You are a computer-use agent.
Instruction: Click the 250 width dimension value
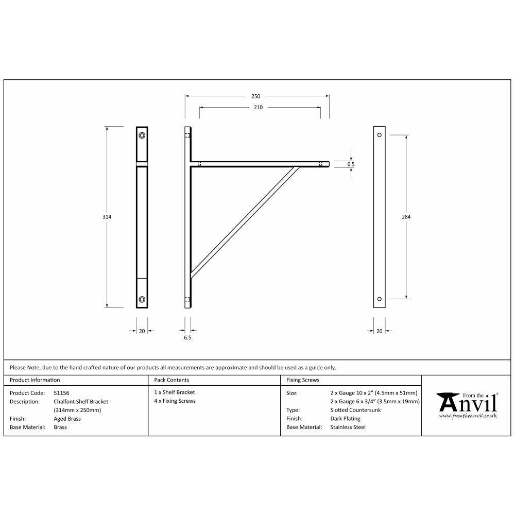(256, 96)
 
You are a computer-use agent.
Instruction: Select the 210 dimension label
(258, 108)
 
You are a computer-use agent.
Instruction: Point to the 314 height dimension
(107, 217)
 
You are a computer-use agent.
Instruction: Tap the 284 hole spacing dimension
(406, 217)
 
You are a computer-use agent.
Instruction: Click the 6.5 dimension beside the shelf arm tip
(351, 164)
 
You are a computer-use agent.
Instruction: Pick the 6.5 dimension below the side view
(187, 338)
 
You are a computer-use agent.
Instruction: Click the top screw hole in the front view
(142, 135)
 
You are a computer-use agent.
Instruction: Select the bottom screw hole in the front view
(142, 299)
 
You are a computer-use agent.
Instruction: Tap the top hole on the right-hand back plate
(380, 135)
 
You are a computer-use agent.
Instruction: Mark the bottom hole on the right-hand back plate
(380, 299)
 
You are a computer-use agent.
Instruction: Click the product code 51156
(61, 392)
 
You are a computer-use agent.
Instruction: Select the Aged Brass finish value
(67, 419)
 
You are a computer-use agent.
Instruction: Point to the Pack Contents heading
(171, 380)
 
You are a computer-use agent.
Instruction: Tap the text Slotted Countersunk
(356, 410)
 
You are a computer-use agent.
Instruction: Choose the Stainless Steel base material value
(348, 427)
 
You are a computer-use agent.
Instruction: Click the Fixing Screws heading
(302, 380)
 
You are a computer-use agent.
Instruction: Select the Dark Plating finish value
(345, 419)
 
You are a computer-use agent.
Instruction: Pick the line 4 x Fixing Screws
(175, 401)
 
